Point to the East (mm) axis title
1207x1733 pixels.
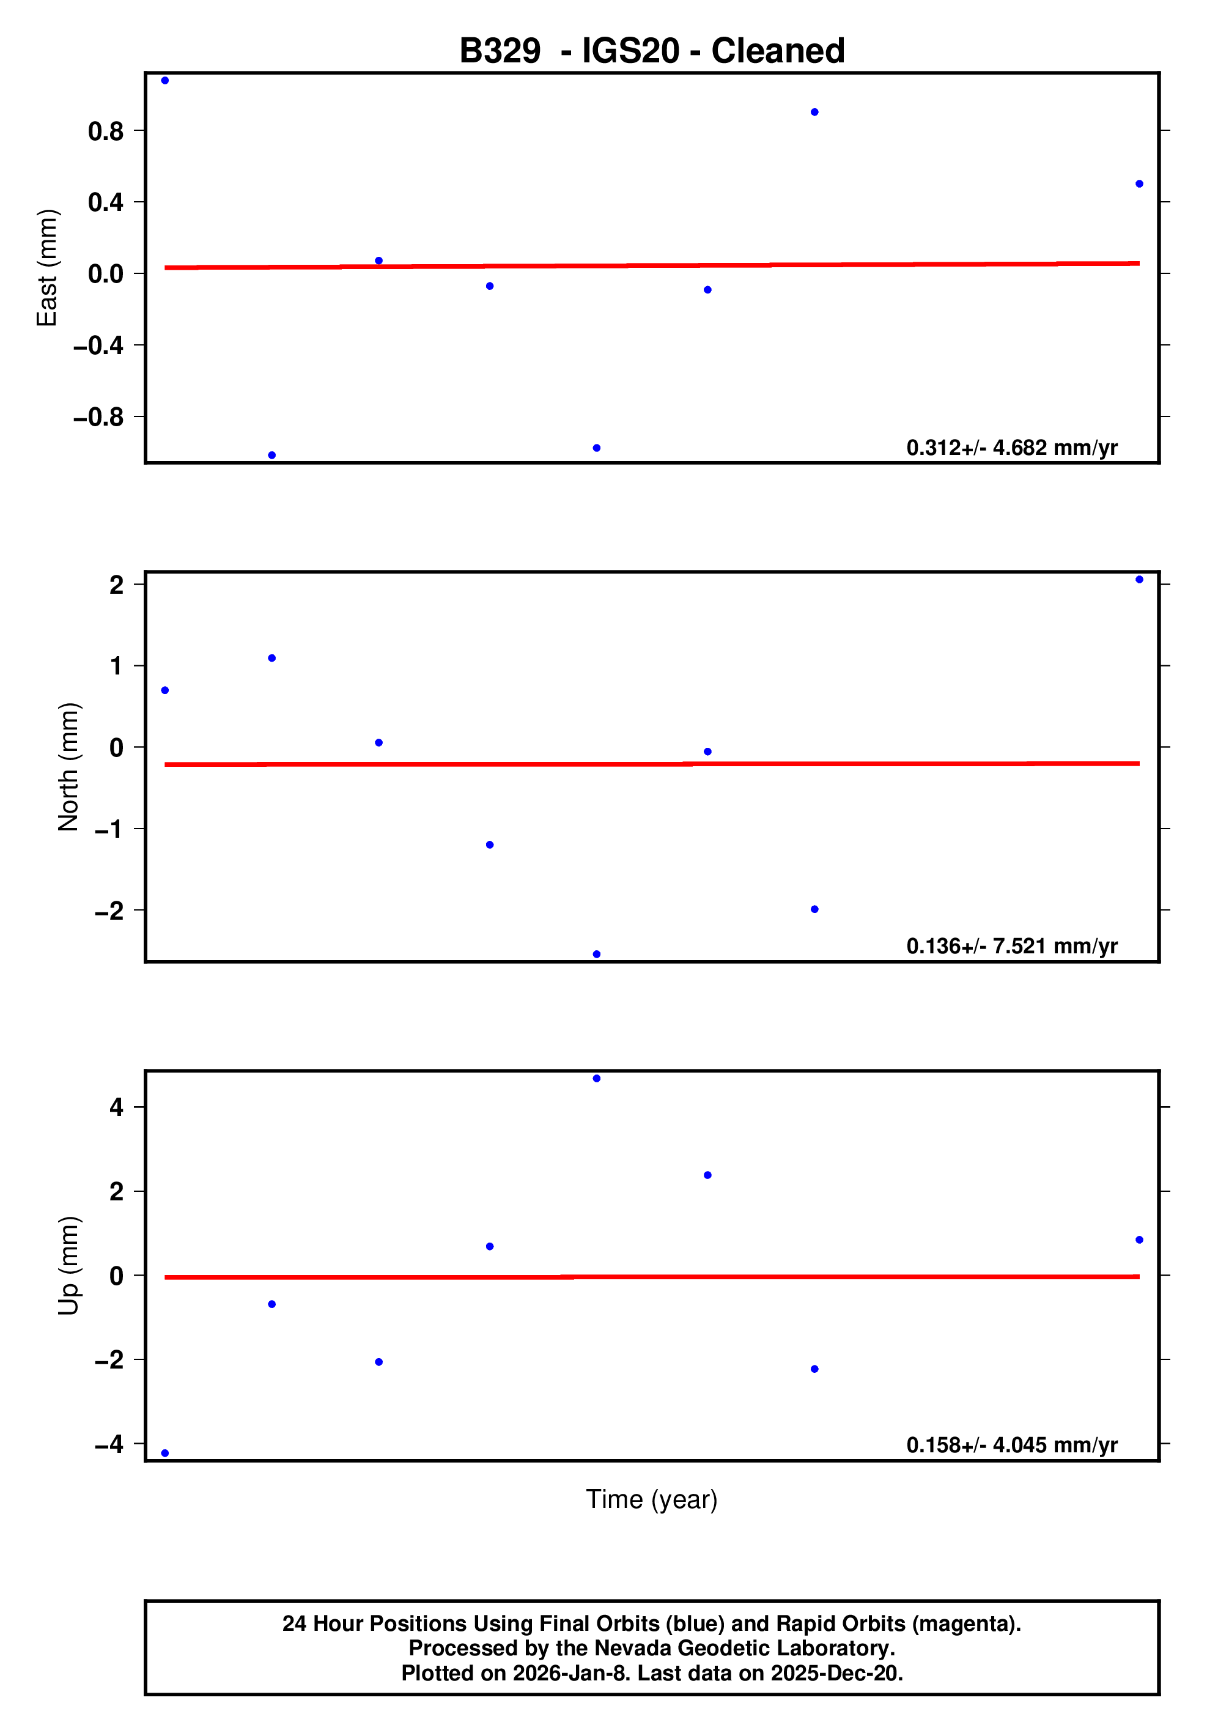pyautogui.click(x=47, y=268)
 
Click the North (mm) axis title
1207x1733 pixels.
pyautogui.click(x=68, y=767)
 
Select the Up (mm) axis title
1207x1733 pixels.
pyautogui.click(x=68, y=1266)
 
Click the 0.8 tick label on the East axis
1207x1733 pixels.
pyautogui.click(x=106, y=131)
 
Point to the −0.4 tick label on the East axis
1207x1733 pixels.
pyautogui.click(x=98, y=345)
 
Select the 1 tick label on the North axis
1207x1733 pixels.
pyautogui.click(x=116, y=667)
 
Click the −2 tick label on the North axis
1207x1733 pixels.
pyautogui.click(x=109, y=911)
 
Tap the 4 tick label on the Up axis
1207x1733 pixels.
pyautogui.click(x=116, y=1107)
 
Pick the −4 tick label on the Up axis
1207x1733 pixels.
pyautogui.click(x=109, y=1444)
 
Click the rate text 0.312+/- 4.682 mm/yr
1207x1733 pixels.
pyautogui.click(x=1011, y=448)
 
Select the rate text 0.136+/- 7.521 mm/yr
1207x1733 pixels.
pyautogui.click(x=1011, y=946)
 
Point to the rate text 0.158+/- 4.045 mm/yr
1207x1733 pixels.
pyautogui.click(x=1011, y=1444)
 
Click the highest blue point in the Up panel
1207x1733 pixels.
pyautogui.click(x=596, y=1079)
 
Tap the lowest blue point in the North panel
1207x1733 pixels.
pyautogui.click(x=596, y=954)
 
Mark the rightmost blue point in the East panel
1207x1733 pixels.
pyautogui.click(x=1139, y=184)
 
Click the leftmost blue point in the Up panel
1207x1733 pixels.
pyautogui.click(x=165, y=1453)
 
